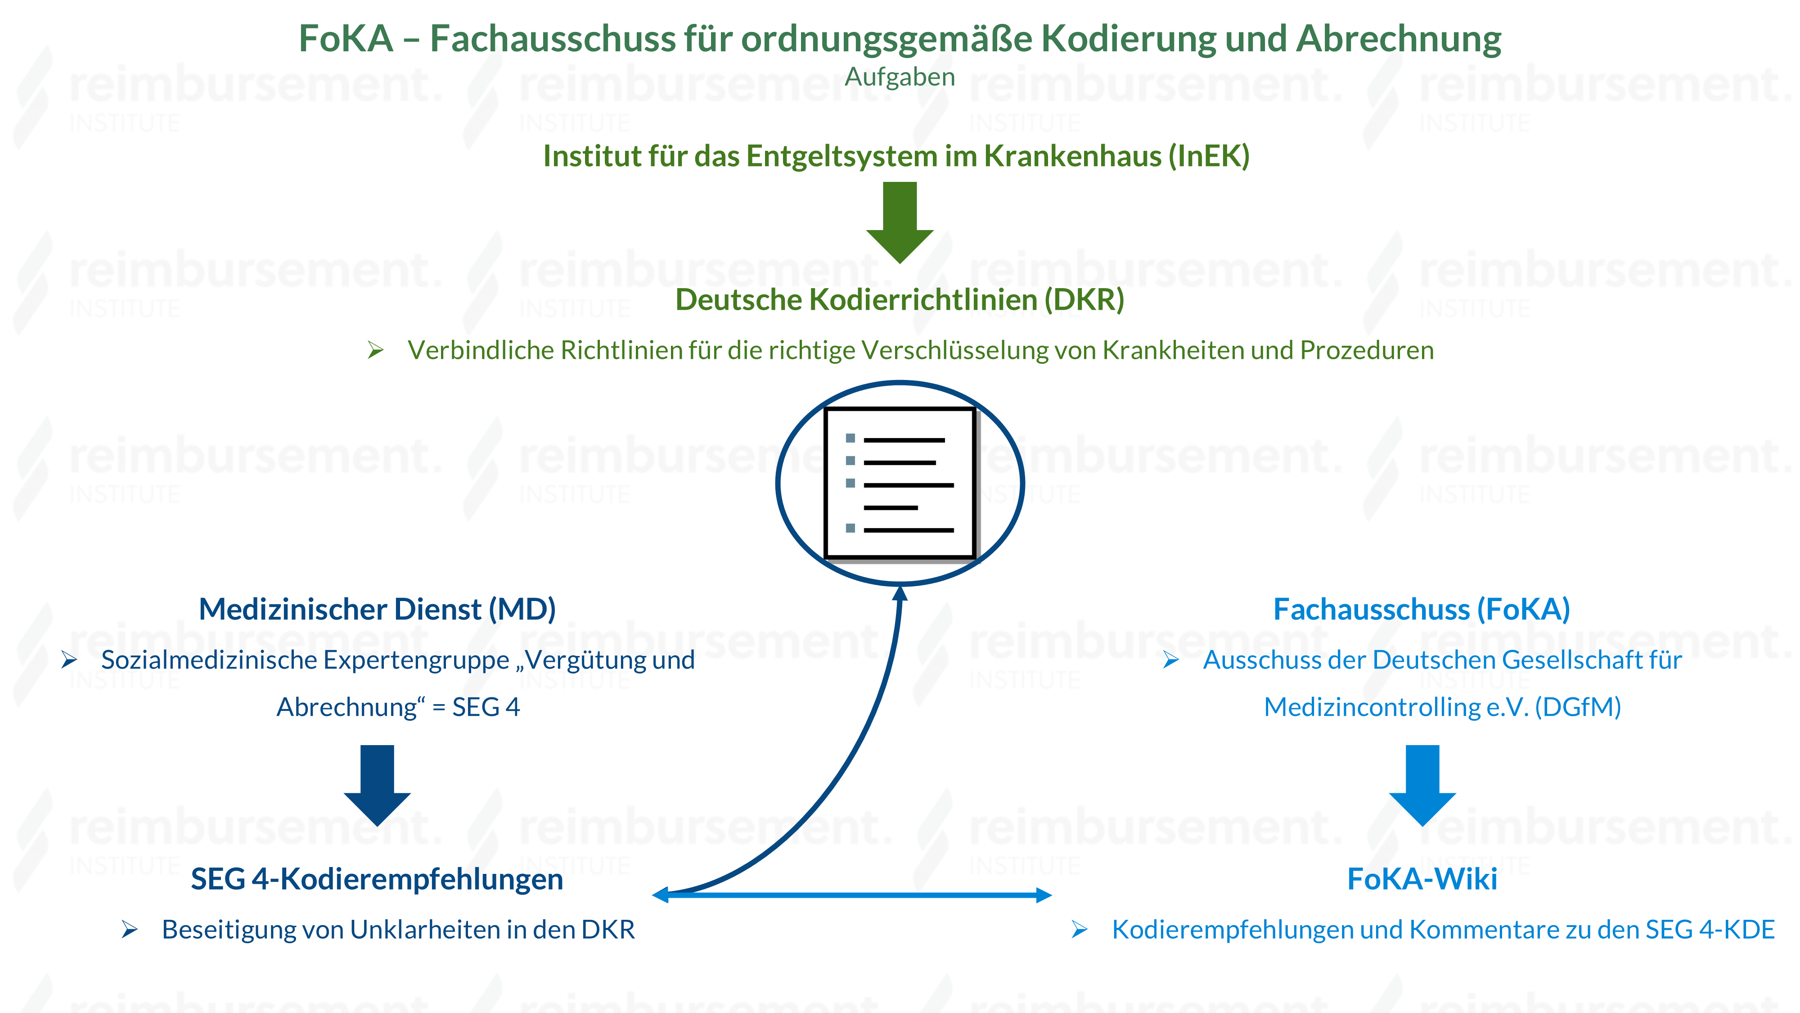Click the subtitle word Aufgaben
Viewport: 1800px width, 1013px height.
click(x=900, y=77)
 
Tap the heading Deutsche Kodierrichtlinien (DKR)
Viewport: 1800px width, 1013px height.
click(x=900, y=300)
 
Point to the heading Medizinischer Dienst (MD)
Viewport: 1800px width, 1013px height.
click(x=378, y=609)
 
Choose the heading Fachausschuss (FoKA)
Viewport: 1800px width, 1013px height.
click(x=1422, y=609)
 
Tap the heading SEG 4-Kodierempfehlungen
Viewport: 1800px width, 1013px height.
click(x=378, y=879)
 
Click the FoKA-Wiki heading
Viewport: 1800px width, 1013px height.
click(x=1422, y=879)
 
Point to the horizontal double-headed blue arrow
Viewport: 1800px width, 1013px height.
click(x=852, y=895)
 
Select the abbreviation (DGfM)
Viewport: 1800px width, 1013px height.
click(x=1578, y=707)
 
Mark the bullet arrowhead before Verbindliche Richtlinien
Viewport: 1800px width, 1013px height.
click(x=376, y=350)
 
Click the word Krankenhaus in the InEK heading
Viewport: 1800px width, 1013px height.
click(x=1076, y=156)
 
